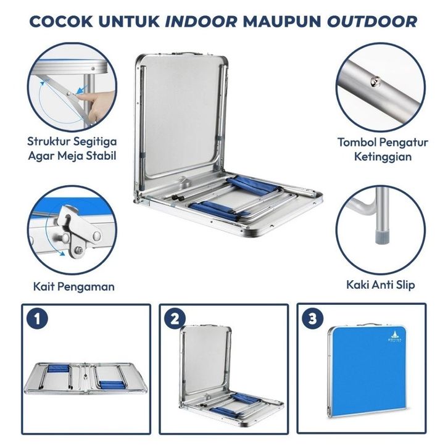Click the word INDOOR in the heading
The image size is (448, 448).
coord(201,22)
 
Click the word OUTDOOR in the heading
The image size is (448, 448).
coord(372,22)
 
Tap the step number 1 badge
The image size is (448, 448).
coord(37,318)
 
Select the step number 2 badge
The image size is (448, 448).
coord(175,318)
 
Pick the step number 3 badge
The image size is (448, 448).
coord(313,318)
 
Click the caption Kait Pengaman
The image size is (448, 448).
coord(73,286)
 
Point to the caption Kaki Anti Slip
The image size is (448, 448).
coord(381,285)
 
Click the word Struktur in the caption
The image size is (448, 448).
coord(48,141)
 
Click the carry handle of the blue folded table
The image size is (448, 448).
coord(367,325)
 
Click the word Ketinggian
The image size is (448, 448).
coord(383,157)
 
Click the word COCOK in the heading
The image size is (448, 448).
coord(61,22)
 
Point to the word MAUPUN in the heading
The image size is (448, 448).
coord(282,22)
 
